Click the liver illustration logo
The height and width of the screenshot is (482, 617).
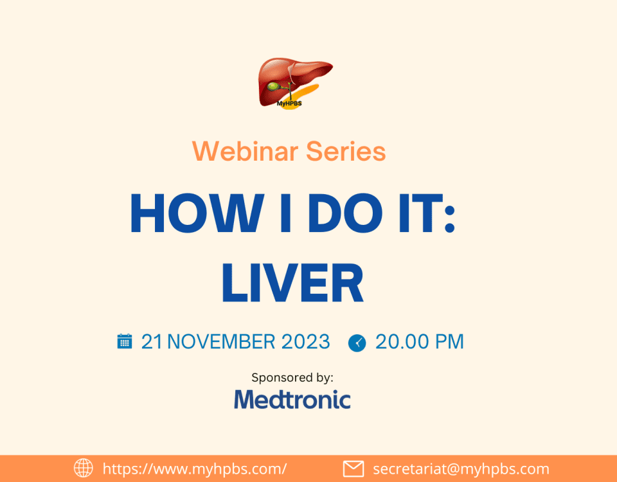[295, 84]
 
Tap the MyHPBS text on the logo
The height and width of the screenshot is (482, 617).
[289, 103]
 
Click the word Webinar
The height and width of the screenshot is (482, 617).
[245, 151]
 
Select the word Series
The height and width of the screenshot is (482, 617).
[346, 151]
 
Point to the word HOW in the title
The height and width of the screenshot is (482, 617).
[197, 213]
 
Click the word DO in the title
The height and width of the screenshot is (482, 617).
[345, 213]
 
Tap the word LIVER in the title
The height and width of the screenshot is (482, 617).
[292, 283]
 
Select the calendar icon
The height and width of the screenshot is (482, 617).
[124, 341]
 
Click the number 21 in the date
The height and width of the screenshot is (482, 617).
[152, 341]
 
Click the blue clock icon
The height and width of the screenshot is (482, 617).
[357, 343]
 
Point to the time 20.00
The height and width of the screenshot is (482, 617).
[402, 341]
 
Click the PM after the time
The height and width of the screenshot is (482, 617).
[449, 341]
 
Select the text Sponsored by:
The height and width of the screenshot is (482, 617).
[292, 378]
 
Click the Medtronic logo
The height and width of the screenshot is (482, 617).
[292, 399]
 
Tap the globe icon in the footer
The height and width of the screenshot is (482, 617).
[84, 469]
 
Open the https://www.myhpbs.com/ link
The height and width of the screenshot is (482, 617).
[195, 469]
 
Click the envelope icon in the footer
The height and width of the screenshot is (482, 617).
[353, 469]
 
